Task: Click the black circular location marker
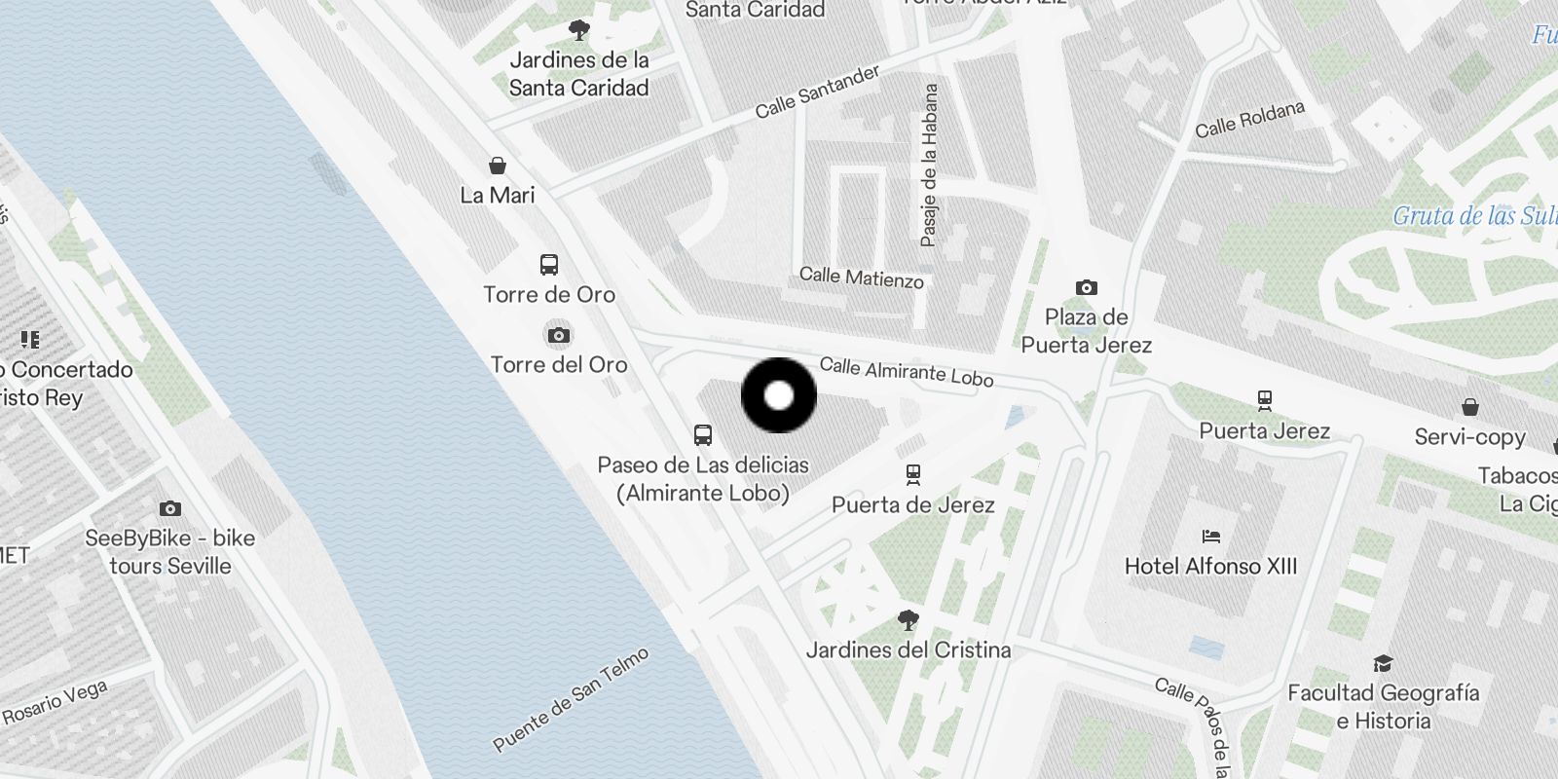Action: [x=778, y=395]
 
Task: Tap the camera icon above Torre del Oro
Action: [x=558, y=336]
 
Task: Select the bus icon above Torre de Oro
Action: [x=549, y=264]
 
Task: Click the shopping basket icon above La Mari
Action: [x=498, y=165]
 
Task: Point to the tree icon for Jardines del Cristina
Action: [x=908, y=619]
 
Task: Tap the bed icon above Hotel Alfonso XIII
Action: [x=1210, y=536]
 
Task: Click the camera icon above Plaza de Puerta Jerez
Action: [x=1086, y=287]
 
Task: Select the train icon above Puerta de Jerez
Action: [x=912, y=474]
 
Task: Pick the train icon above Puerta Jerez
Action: [x=1264, y=400]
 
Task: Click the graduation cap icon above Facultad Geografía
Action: [x=1382, y=663]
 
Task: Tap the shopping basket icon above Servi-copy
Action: [x=1469, y=406]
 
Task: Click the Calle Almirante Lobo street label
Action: [x=906, y=371]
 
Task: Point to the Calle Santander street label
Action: [x=817, y=92]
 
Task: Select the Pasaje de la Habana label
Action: [x=930, y=165]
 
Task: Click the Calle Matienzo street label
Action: [x=861, y=278]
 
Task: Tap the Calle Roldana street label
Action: [x=1249, y=120]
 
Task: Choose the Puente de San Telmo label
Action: [x=571, y=700]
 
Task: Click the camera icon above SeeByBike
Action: [x=170, y=508]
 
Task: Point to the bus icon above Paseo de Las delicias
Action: [x=702, y=434]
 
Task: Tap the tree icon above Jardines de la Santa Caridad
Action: [x=579, y=30]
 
